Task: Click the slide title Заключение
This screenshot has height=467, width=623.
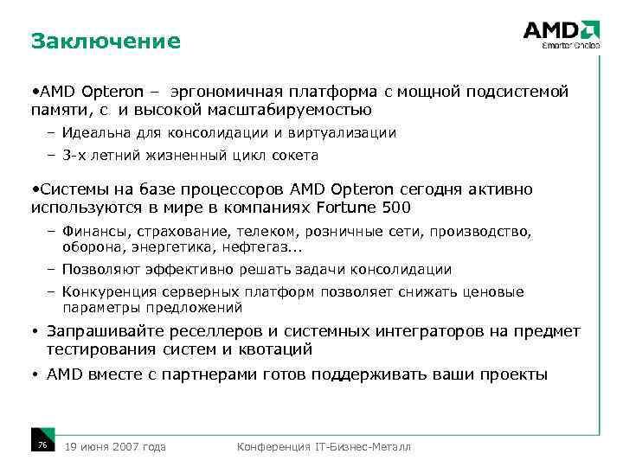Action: point(105,41)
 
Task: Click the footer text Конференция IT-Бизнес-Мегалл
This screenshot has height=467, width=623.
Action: point(324,446)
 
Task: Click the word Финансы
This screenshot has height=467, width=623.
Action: point(92,233)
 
